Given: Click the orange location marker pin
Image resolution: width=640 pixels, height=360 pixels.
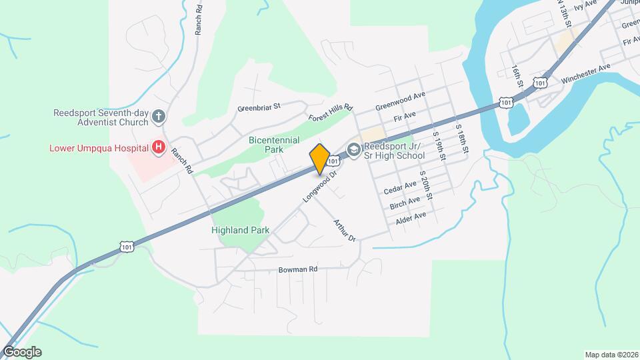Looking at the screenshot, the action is [319, 158].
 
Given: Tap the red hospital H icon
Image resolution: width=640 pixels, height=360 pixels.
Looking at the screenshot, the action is [159, 147].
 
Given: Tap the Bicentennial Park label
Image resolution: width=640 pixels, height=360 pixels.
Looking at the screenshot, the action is [273, 145].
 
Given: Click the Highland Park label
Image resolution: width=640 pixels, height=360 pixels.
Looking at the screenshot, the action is [240, 230].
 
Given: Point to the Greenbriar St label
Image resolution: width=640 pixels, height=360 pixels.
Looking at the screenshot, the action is [259, 106].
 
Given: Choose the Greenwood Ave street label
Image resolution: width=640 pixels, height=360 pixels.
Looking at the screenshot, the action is [400, 102].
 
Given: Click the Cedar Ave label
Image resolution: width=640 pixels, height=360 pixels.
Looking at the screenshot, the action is [401, 187].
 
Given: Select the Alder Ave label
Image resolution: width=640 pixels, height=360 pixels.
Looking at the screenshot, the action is [411, 216].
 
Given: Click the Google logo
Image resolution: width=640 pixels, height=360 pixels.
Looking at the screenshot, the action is [21, 352].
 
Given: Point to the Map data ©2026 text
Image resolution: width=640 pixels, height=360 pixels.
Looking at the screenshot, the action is [611, 355].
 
